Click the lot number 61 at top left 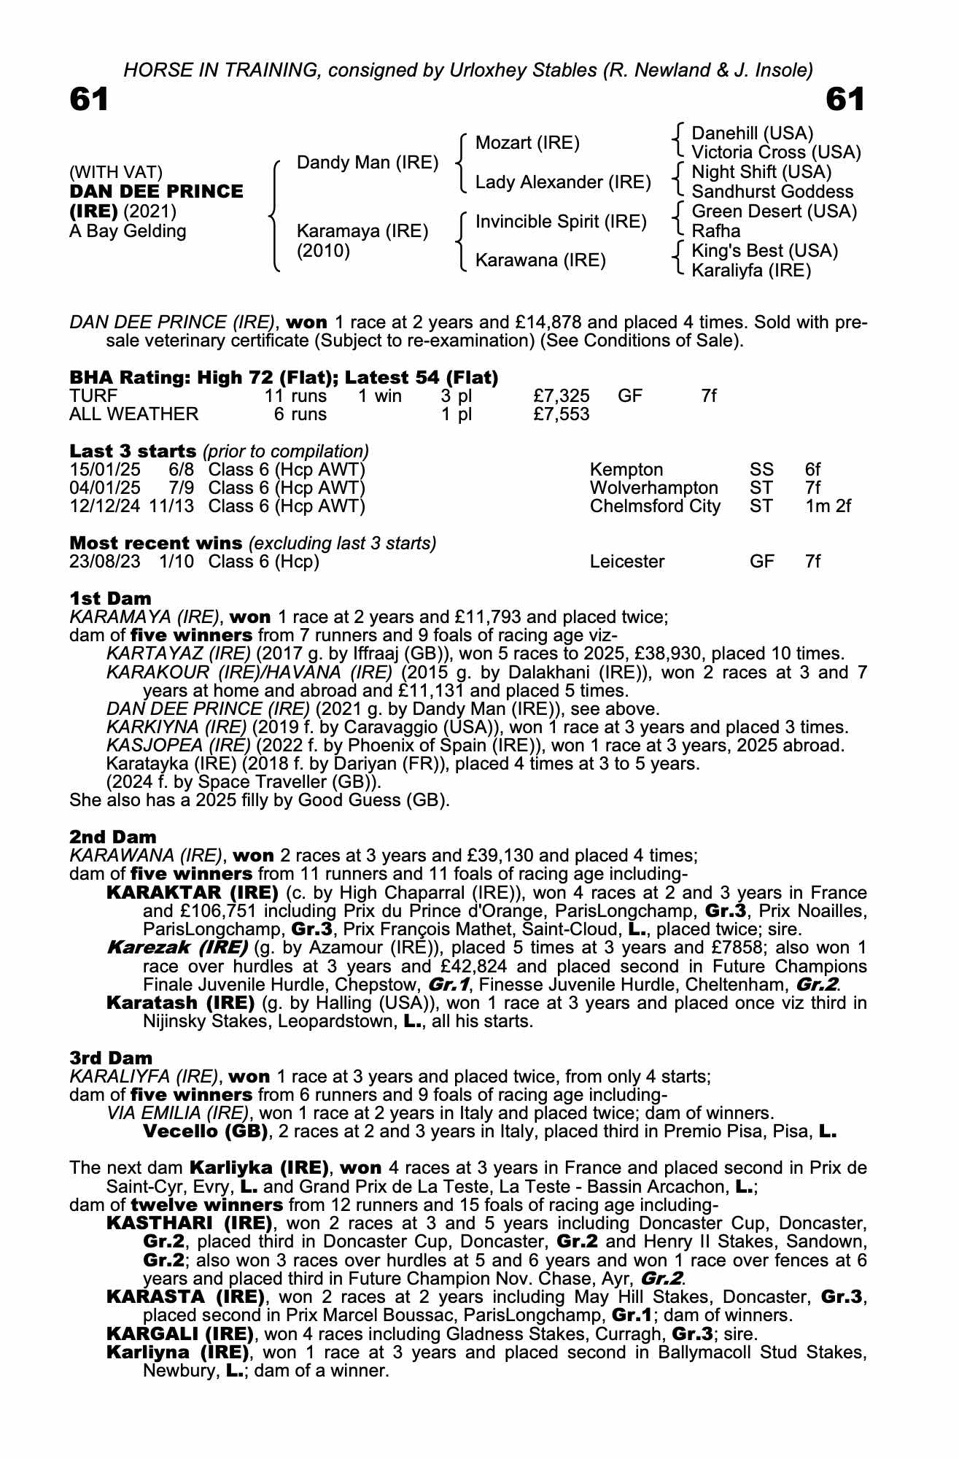(89, 99)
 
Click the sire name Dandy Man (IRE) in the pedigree (368, 162)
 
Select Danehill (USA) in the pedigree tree (752, 133)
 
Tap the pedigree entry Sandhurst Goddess (772, 192)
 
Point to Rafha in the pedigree (715, 231)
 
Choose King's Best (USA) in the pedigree (764, 251)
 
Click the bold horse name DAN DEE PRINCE (156, 192)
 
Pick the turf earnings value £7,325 (561, 396)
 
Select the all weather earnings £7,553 (561, 414)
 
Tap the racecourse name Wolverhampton (653, 487)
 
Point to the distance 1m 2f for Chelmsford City (828, 506)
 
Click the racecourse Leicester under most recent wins (626, 562)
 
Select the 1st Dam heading (110, 599)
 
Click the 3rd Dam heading (111, 1058)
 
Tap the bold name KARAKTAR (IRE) (192, 893)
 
